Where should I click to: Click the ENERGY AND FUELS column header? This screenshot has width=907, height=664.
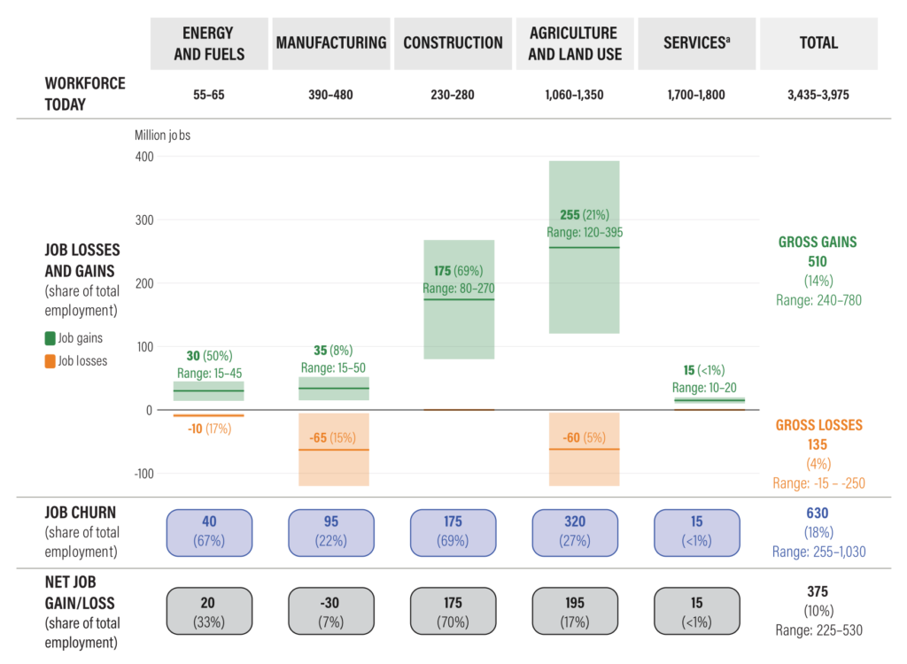(x=209, y=43)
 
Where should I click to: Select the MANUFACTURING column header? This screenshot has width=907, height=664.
(x=331, y=43)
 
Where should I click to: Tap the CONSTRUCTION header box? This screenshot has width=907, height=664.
(x=453, y=43)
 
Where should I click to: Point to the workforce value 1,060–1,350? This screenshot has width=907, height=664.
(x=575, y=95)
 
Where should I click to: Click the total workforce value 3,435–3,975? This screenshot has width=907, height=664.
(x=818, y=95)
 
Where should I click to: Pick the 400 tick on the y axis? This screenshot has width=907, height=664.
(x=143, y=157)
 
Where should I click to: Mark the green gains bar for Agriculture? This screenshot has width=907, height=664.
(x=584, y=283)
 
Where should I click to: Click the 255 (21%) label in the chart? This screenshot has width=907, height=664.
(x=585, y=215)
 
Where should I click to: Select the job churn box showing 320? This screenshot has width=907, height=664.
(x=575, y=532)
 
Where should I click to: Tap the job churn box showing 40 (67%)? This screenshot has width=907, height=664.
(x=209, y=532)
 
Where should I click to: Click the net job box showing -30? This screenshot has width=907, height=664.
(x=331, y=612)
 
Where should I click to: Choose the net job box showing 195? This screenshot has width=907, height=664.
(x=575, y=612)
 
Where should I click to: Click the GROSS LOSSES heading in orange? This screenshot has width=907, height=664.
(x=818, y=425)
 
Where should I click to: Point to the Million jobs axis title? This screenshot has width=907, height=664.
(x=163, y=135)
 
